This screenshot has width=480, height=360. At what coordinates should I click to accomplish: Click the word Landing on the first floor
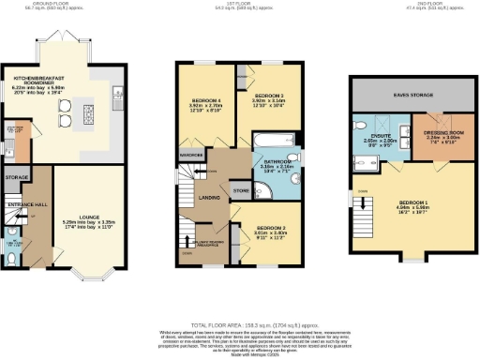tap(209, 197)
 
